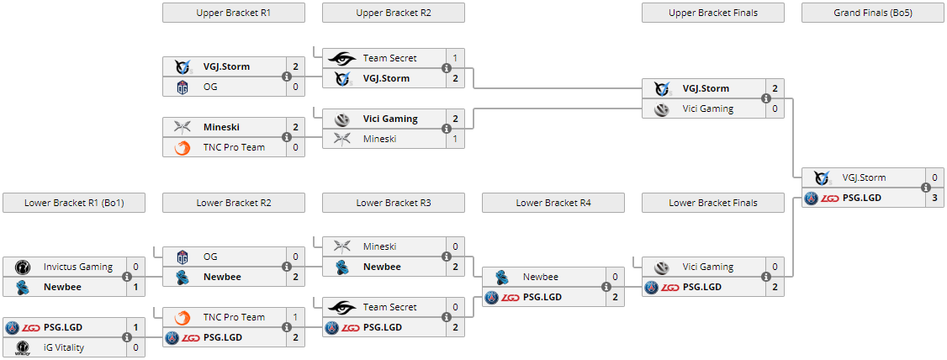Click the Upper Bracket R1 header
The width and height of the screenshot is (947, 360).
tap(233, 13)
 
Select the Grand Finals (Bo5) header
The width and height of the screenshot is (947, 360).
tap(872, 13)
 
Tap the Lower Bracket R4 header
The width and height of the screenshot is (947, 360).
tap(553, 203)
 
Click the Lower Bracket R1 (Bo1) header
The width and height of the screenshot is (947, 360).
tap(73, 203)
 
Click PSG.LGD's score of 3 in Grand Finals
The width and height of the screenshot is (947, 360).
tap(934, 198)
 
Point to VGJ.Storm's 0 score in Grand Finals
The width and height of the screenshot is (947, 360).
tap(934, 177)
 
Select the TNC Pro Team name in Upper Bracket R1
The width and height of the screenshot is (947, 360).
tap(234, 147)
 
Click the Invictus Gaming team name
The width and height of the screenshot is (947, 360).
tap(78, 267)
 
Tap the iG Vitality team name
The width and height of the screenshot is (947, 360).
tap(64, 347)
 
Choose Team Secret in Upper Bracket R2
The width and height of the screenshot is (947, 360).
tap(389, 58)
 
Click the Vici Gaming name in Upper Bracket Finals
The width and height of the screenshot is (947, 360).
tap(707, 109)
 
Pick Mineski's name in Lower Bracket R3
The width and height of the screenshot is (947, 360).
tap(379, 246)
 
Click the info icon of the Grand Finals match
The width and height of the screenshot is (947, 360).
tap(926, 188)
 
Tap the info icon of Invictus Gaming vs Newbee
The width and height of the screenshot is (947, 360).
tap(127, 277)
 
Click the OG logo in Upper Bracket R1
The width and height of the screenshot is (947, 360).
tap(183, 87)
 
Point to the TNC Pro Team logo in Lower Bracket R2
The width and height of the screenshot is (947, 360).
tap(183, 317)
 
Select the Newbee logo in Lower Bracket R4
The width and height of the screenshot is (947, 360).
tap(502, 277)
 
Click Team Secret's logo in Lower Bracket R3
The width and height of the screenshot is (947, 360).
tap(342, 307)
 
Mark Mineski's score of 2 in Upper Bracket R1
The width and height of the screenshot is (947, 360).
tap(295, 127)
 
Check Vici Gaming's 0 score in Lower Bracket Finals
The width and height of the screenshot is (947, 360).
tap(775, 267)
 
